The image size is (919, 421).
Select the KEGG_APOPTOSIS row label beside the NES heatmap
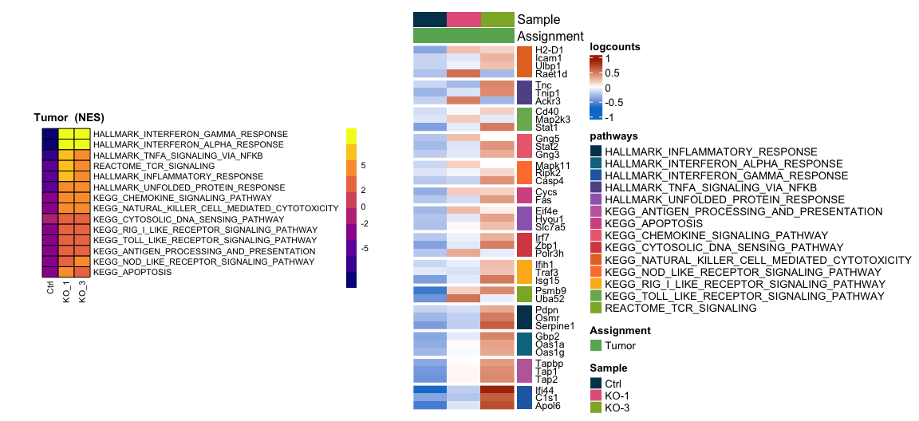click(x=132, y=272)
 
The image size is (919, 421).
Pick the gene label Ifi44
click(x=547, y=391)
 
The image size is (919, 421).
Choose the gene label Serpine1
click(x=555, y=326)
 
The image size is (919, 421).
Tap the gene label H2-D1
click(x=549, y=49)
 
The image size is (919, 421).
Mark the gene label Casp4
click(x=550, y=181)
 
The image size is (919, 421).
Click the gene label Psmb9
click(x=550, y=291)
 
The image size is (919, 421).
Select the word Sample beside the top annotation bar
click(x=538, y=19)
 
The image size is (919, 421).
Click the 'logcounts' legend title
click(x=614, y=47)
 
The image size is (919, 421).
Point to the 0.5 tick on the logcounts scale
click(x=612, y=73)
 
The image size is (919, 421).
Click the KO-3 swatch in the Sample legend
click(x=596, y=407)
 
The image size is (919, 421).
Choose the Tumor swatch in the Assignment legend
click(x=596, y=345)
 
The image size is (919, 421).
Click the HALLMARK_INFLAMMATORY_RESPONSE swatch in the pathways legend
click(x=596, y=151)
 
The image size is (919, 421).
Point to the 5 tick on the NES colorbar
click(x=363, y=165)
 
